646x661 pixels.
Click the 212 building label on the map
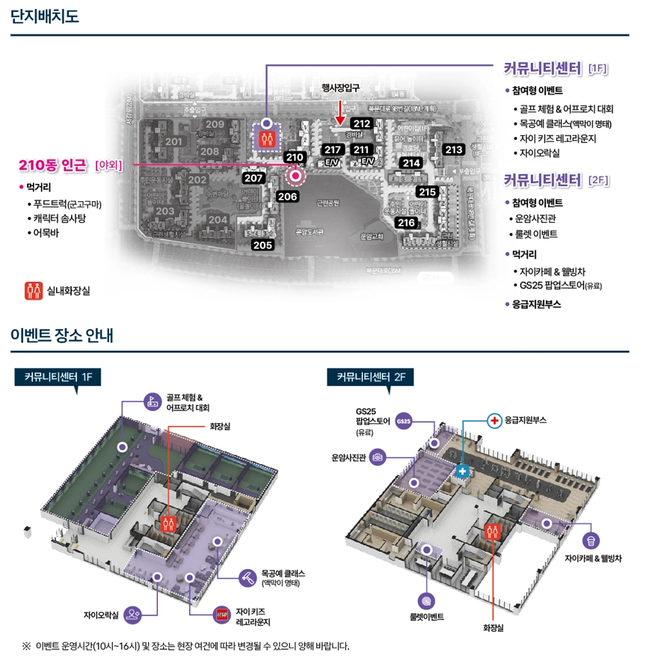pos(362,124)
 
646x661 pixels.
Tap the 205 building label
pos(262,245)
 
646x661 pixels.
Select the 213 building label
pos(454,150)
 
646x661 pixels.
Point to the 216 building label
pos(406,223)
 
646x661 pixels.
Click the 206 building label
pos(287,197)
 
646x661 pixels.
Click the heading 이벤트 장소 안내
pos(62,336)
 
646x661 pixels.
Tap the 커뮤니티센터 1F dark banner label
pos(58,378)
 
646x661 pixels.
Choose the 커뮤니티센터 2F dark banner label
pos(371,378)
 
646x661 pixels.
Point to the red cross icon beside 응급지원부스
pos(494,421)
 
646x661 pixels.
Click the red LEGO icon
pos(222,615)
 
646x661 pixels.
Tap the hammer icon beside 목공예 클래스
pos(247,578)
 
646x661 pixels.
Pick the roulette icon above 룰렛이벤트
pos(427,600)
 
